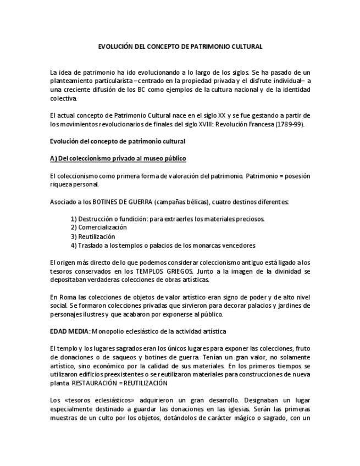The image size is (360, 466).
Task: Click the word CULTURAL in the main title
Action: (243, 47)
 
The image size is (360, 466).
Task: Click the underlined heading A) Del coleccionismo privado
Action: (118, 158)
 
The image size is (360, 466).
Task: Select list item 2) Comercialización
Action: (98, 228)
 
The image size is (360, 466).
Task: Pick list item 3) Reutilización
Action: (93, 236)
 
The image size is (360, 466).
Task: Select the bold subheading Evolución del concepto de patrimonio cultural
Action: (117, 141)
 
